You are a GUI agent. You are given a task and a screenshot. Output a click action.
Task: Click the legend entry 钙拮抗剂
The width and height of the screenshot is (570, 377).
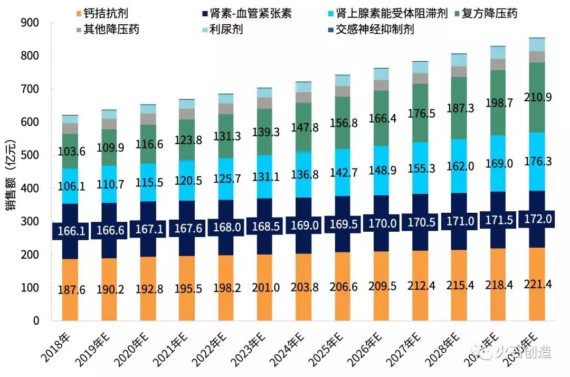coord(105,13)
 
